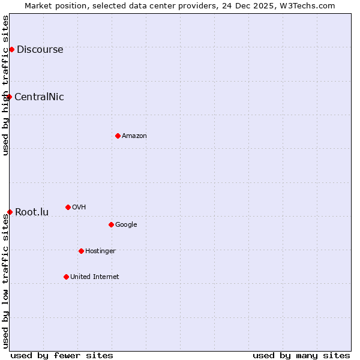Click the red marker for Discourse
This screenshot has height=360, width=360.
coord(11,49)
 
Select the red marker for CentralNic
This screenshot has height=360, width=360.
coord(9,97)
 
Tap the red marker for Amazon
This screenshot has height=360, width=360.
coord(118,136)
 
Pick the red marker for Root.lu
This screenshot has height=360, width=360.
coord(10,212)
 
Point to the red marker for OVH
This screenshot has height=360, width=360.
coord(68,207)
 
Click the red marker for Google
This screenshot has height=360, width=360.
coord(111,224)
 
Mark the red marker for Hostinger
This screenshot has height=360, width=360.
coord(81,251)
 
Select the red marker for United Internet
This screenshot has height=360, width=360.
coord(66,277)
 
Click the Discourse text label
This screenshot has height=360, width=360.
coord(40,49)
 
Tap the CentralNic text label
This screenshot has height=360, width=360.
coord(39,97)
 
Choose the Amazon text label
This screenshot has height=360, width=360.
coord(134,136)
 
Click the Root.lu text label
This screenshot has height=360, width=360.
coord(32,212)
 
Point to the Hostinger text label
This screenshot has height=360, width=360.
coord(100,251)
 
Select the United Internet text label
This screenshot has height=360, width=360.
coord(95,277)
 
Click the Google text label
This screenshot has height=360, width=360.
coord(126,224)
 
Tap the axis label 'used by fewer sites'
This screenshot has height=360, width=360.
coord(62,355)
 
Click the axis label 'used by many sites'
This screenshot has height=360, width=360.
coord(301,355)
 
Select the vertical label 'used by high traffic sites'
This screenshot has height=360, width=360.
coord(5,85)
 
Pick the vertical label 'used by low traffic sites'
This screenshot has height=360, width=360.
coord(5,280)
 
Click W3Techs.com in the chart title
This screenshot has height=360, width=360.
coord(306,5)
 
